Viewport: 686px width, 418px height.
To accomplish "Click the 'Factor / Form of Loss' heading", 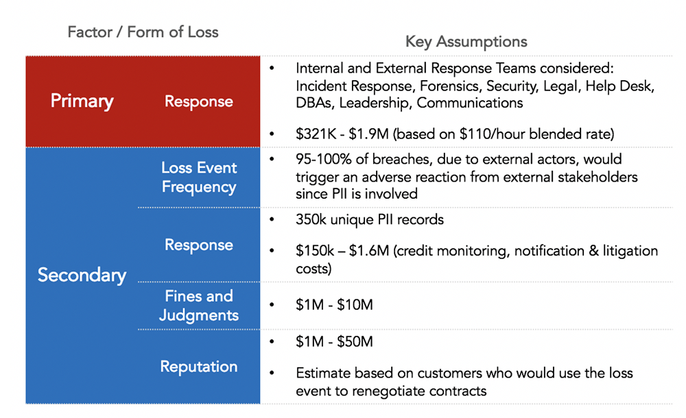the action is click(143, 32).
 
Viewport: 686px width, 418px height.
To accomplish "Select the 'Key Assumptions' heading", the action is click(466, 42).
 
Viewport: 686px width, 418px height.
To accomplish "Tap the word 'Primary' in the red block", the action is click(82, 101).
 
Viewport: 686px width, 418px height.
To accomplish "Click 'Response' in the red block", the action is click(199, 101).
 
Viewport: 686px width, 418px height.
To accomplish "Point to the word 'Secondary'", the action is click(82, 275).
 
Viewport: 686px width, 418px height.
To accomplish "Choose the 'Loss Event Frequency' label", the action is click(199, 177).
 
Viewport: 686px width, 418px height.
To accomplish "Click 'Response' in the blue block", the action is click(199, 245).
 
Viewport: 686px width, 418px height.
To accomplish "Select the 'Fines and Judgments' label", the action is click(199, 306).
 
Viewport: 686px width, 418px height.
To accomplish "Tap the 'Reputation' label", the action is click(199, 367).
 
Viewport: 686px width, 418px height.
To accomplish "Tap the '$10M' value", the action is click(355, 305).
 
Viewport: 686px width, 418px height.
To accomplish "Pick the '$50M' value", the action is click(355, 341).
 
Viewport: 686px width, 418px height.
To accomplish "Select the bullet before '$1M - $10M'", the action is click(272, 305).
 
